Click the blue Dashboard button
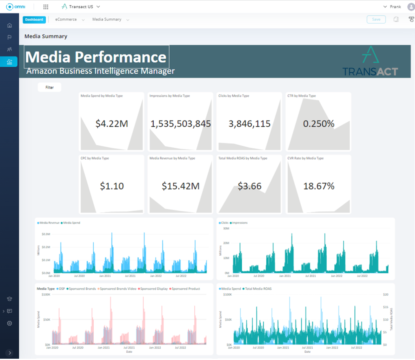click(34, 20)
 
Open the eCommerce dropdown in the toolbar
click(70, 20)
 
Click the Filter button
click(50, 87)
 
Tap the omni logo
click(16, 7)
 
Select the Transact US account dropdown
click(81, 7)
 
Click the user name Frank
click(395, 7)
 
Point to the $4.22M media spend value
click(112, 124)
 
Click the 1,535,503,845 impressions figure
click(180, 124)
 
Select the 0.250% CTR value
click(318, 124)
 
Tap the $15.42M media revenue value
click(180, 186)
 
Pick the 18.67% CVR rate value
click(319, 186)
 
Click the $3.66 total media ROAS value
click(249, 186)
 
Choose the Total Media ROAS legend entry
click(258, 289)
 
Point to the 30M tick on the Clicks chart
click(226, 228)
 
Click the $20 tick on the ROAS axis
click(386, 294)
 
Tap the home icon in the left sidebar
click(9, 25)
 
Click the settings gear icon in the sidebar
click(9, 323)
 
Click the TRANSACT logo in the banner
click(370, 62)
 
